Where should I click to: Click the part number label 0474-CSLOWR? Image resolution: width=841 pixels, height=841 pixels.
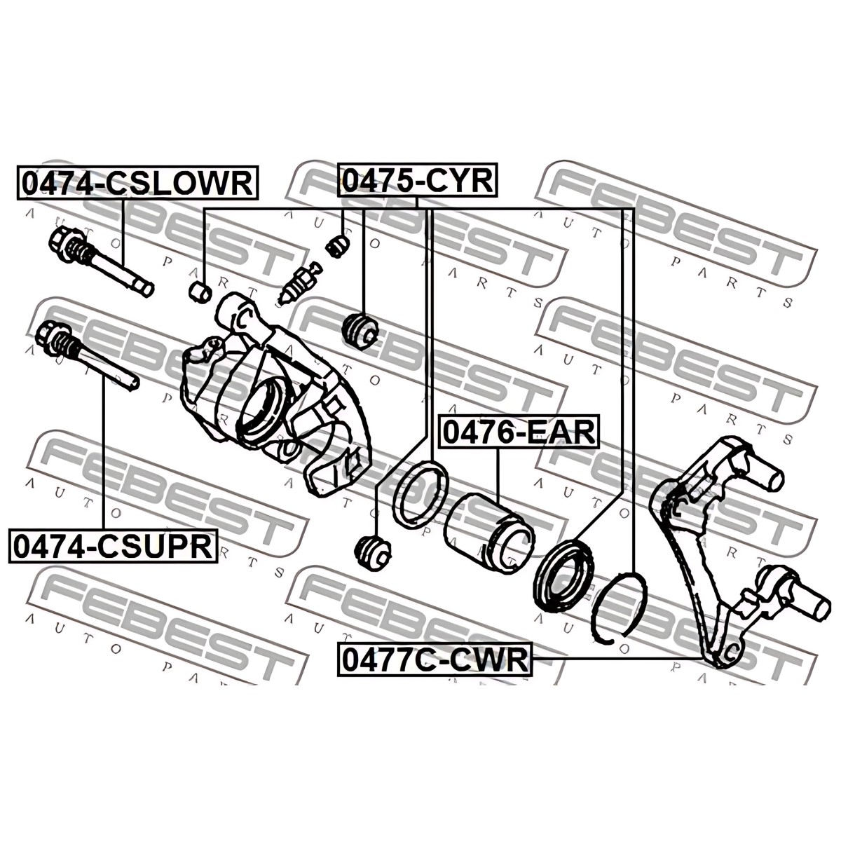click(x=137, y=182)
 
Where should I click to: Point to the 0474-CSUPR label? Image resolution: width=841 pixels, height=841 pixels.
click(x=113, y=545)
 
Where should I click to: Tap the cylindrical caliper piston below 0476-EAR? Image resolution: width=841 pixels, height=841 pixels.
click(x=488, y=533)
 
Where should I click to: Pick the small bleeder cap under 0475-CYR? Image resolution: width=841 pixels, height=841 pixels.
click(x=338, y=246)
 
